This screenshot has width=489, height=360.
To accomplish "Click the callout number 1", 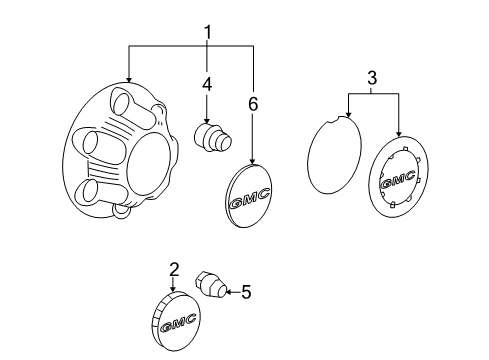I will [208, 34].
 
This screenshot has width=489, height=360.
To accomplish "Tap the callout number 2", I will [173, 268].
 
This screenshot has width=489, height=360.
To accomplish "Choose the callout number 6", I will [253, 104].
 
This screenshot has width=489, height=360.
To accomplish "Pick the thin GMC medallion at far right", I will [399, 179].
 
